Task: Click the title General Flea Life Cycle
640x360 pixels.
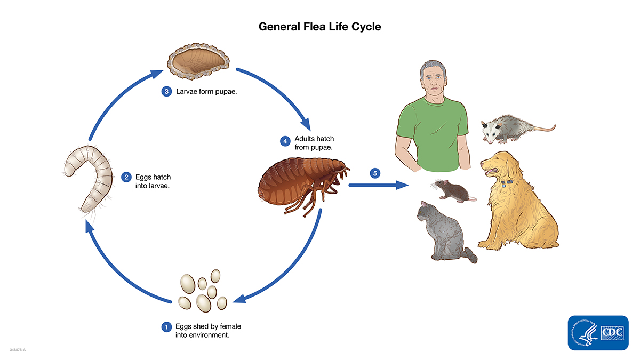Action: click(320, 26)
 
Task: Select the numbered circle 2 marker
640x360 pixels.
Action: click(126, 177)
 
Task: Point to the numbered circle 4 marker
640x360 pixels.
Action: click(285, 141)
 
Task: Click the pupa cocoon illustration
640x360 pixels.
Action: click(198, 59)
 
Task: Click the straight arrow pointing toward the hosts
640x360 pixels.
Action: click(379, 185)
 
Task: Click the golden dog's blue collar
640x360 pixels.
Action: click(507, 183)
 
